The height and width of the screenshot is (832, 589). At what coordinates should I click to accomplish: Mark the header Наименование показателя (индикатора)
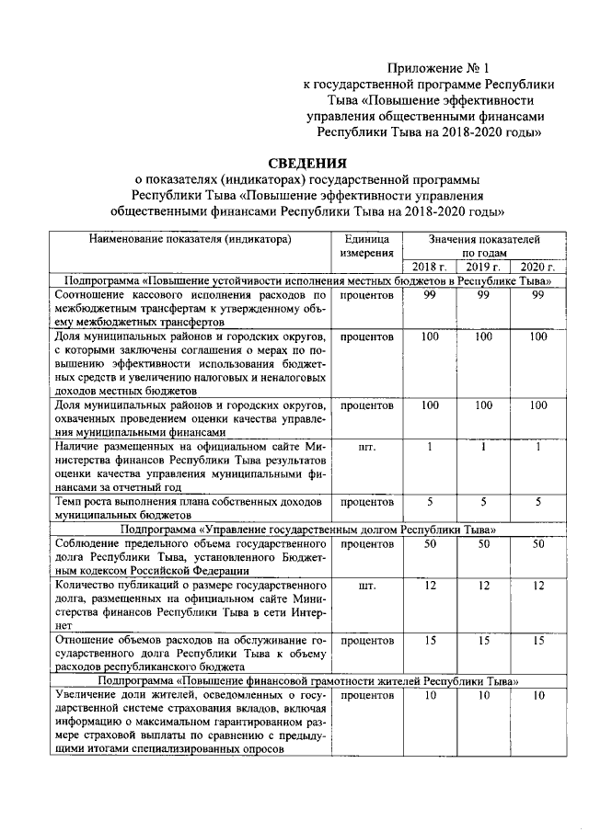[x=190, y=239]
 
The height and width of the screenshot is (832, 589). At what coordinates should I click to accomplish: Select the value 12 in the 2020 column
[x=538, y=586]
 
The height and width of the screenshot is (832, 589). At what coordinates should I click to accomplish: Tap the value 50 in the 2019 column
[x=482, y=544]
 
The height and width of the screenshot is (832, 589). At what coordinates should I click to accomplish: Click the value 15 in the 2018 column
[x=429, y=640]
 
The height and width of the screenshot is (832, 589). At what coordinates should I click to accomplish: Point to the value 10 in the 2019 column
[x=482, y=696]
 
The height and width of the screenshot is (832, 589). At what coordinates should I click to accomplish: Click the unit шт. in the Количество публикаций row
[x=366, y=586]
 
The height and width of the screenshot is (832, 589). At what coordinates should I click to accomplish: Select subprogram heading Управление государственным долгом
[x=307, y=530]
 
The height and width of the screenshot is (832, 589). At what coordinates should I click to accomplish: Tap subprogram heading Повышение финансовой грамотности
[x=307, y=681]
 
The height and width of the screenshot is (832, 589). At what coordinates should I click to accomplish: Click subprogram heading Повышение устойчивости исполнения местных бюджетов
[x=307, y=280]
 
